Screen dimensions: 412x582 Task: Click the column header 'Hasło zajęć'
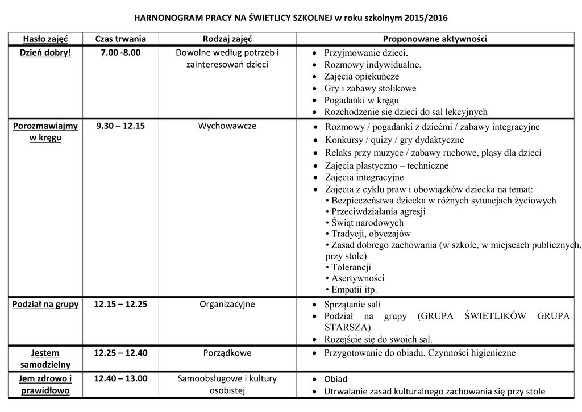(45, 39)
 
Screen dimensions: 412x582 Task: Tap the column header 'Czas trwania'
(120, 39)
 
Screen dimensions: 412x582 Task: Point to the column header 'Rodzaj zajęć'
(227, 39)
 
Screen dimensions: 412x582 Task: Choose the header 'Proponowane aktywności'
(435, 39)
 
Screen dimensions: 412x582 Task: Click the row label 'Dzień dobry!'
(45, 53)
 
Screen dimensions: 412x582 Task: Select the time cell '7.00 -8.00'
(120, 53)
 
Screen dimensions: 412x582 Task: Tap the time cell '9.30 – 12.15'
(120, 126)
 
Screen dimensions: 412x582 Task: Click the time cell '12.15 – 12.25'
(120, 304)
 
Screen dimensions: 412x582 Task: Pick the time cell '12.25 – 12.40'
(120, 353)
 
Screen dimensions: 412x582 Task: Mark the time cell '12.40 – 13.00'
(120, 378)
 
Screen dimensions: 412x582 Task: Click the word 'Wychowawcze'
(227, 126)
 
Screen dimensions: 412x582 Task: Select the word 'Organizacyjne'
(227, 304)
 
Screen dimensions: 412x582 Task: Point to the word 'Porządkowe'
(227, 353)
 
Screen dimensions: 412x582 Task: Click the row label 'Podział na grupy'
(45, 304)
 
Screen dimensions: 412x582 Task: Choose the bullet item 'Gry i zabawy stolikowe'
(370, 89)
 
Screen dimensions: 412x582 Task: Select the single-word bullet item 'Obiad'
(335, 379)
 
